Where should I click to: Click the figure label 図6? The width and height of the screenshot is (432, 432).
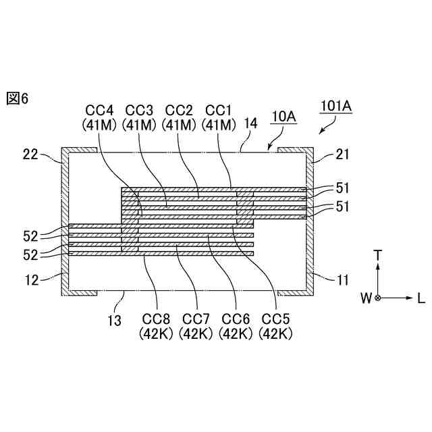click(x=18, y=99)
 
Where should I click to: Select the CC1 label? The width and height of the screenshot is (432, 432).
click(x=219, y=110)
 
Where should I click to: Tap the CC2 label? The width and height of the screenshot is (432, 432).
click(x=180, y=110)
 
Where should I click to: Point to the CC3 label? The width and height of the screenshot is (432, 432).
click(x=140, y=110)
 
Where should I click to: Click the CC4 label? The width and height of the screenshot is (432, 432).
click(x=100, y=110)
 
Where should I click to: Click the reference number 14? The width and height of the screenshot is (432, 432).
click(x=250, y=124)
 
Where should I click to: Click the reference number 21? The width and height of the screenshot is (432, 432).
click(x=342, y=155)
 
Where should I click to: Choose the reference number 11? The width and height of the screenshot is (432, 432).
click(x=342, y=277)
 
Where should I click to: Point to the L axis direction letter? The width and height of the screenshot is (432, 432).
click(x=421, y=298)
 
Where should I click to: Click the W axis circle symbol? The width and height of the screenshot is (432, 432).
click(x=378, y=298)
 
